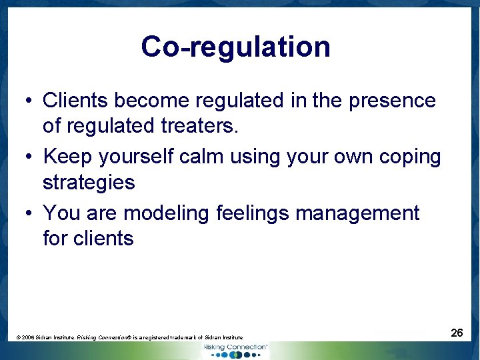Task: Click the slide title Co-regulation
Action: coord(235,47)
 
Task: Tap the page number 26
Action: coord(457,332)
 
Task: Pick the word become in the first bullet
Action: coord(152,101)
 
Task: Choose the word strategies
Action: coord(89,182)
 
